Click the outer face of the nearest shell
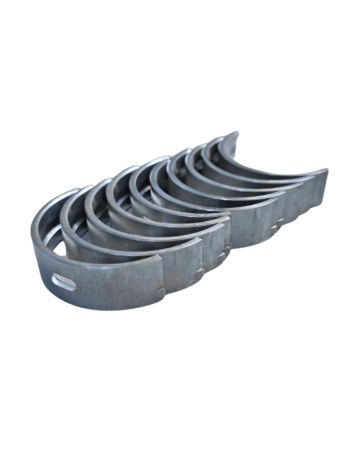tap(110, 285)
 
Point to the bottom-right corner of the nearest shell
tap(162, 304)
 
